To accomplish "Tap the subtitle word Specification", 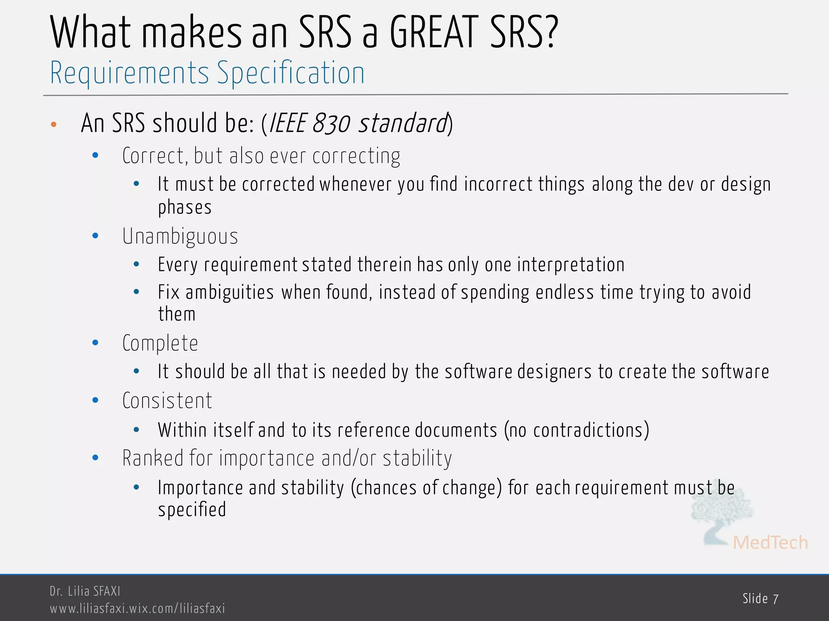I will pyautogui.click(x=291, y=74).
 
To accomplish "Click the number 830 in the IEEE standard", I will pyautogui.click(x=331, y=123).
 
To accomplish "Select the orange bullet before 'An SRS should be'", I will pyautogui.click(x=53, y=124).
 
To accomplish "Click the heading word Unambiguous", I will pyautogui.click(x=180, y=237).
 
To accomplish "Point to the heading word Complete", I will pyautogui.click(x=160, y=344).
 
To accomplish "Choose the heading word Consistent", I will pyautogui.click(x=167, y=401).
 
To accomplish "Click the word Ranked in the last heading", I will pyautogui.click(x=153, y=458).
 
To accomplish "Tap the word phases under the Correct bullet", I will pyautogui.click(x=185, y=207).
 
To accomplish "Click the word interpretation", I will pyautogui.click(x=570, y=265).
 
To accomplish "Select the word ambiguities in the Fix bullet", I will pyautogui.click(x=230, y=292).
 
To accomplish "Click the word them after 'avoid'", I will pyautogui.click(x=176, y=314).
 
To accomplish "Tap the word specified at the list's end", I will pyautogui.click(x=192, y=510).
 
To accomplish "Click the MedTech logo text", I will pyautogui.click(x=770, y=543).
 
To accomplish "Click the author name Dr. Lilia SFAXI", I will pyautogui.click(x=85, y=591).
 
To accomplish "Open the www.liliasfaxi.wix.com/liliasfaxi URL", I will pyautogui.click(x=137, y=608).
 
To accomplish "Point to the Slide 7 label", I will pyautogui.click(x=760, y=599).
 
